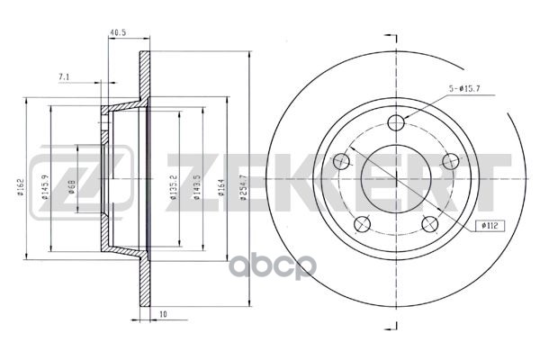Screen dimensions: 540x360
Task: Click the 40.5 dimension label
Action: click(118, 32)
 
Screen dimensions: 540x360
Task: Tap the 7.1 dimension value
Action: click(64, 77)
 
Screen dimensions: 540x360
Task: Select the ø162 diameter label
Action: click(21, 187)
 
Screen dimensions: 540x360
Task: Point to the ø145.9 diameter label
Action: click(45, 187)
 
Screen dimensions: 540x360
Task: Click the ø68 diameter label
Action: click(72, 187)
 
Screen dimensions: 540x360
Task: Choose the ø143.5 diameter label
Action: click(196, 188)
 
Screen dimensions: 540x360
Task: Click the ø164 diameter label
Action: click(221, 187)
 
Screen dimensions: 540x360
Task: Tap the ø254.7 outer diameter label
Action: click(244, 188)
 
